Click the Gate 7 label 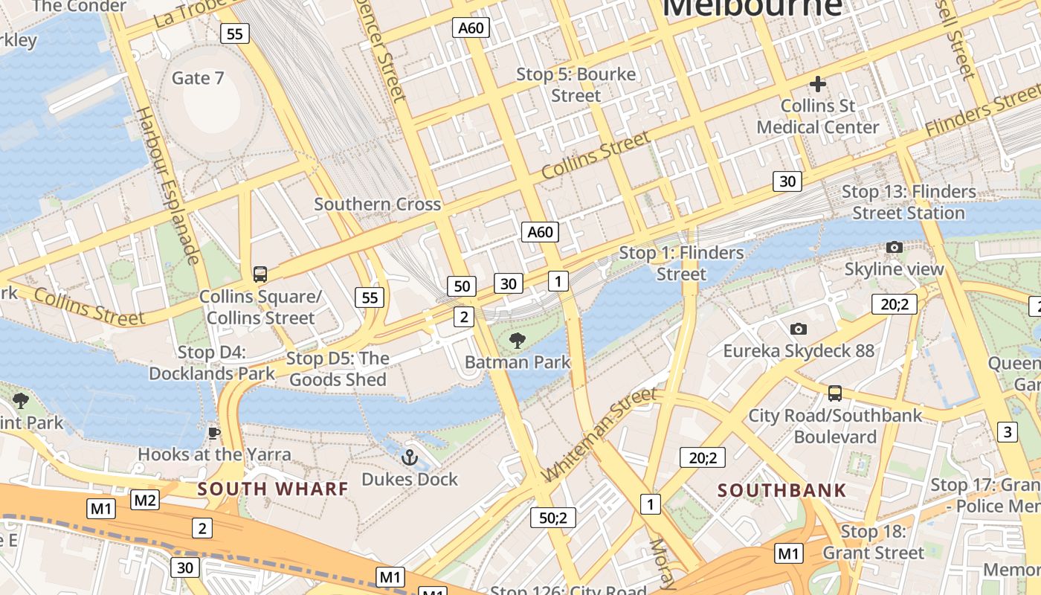[x=197, y=78]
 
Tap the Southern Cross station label [x=377, y=204]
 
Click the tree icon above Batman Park [x=517, y=341]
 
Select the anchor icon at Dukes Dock [x=409, y=457]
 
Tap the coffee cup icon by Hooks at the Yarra [x=214, y=433]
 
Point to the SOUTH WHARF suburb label [x=273, y=489]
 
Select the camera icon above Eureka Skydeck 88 [x=799, y=329]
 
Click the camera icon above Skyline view [x=894, y=247]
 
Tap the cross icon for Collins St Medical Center [x=818, y=84]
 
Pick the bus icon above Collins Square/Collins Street [x=260, y=274]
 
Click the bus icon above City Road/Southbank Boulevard [x=835, y=393]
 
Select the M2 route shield [x=145, y=500]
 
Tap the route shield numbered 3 [x=1008, y=431]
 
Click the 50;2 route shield [x=552, y=518]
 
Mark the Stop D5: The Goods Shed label [x=338, y=369]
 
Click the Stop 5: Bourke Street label [x=576, y=85]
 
